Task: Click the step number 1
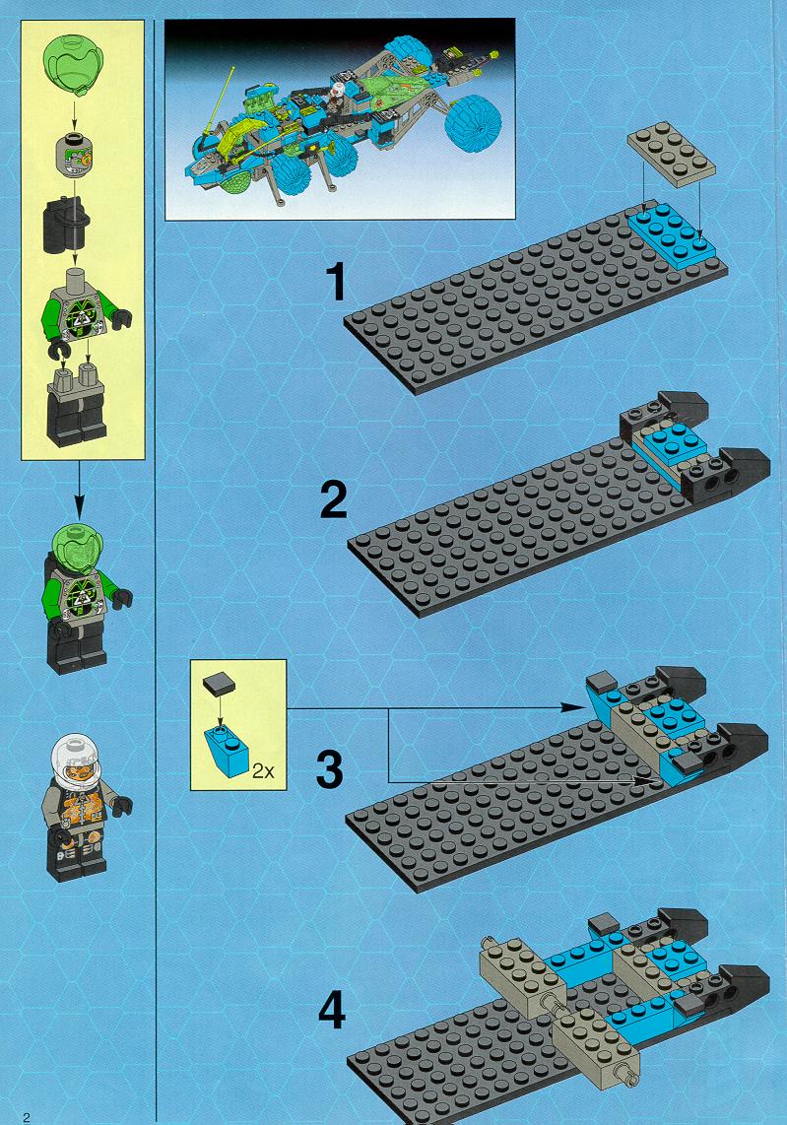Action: [336, 281]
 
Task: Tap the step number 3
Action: [330, 768]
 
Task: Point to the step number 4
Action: [331, 1010]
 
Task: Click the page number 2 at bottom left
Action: [27, 1117]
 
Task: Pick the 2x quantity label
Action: [263, 771]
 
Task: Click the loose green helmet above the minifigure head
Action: [74, 66]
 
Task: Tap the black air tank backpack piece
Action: [66, 224]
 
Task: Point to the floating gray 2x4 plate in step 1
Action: [671, 158]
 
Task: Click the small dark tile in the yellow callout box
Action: [218, 684]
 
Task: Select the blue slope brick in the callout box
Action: [226, 751]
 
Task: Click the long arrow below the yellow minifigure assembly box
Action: [79, 490]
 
